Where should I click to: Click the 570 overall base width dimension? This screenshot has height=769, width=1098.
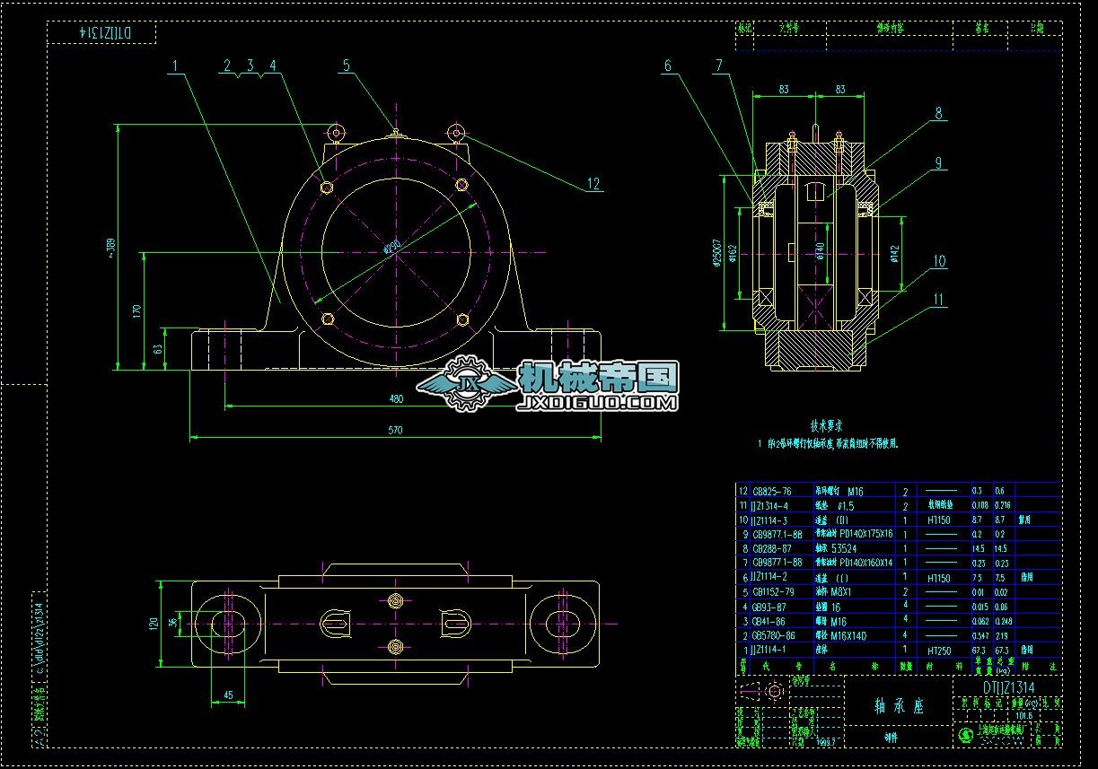[x=395, y=430]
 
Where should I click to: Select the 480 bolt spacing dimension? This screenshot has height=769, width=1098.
[x=395, y=398]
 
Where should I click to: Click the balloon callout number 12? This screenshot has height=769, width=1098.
[x=593, y=184]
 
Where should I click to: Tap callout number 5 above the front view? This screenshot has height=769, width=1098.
[x=346, y=65]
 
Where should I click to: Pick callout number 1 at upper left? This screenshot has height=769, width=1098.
[x=177, y=65]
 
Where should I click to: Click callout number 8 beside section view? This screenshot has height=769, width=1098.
[x=938, y=114]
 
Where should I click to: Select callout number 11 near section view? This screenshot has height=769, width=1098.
[x=938, y=300]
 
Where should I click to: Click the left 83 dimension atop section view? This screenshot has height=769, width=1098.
[x=783, y=89]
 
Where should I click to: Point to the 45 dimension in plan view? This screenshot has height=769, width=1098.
[x=228, y=694]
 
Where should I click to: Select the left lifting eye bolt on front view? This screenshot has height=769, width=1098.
[x=337, y=133]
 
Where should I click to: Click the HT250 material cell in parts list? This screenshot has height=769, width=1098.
[x=938, y=649]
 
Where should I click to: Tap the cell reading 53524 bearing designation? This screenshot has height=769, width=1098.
[x=844, y=547]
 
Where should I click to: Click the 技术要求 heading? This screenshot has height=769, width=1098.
[x=826, y=426]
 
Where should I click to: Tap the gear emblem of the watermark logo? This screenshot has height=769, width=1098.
[x=467, y=384]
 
